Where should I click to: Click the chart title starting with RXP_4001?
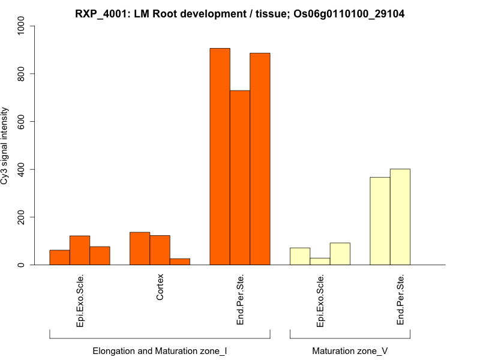coord(239,13)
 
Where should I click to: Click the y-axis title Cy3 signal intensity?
coord(5,146)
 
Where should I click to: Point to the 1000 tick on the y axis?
coord(22,26)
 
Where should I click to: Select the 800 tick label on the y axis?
coord(22,74)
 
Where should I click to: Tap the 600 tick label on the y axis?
coord(22,122)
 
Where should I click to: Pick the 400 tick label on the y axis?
coord(22,169)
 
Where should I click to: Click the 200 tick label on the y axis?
coord(22,217)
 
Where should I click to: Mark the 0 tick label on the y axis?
coord(22,265)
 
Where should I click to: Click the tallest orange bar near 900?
coord(220,156)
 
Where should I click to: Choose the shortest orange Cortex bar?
coord(180,262)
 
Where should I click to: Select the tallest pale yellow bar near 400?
coord(400,217)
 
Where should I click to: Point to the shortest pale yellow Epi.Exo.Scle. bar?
coord(320,262)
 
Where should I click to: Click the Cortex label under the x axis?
coord(160,288)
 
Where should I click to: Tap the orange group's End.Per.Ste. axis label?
coord(240,299)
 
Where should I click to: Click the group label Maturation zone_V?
coord(349,350)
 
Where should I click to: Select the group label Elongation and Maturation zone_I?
coord(160,350)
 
